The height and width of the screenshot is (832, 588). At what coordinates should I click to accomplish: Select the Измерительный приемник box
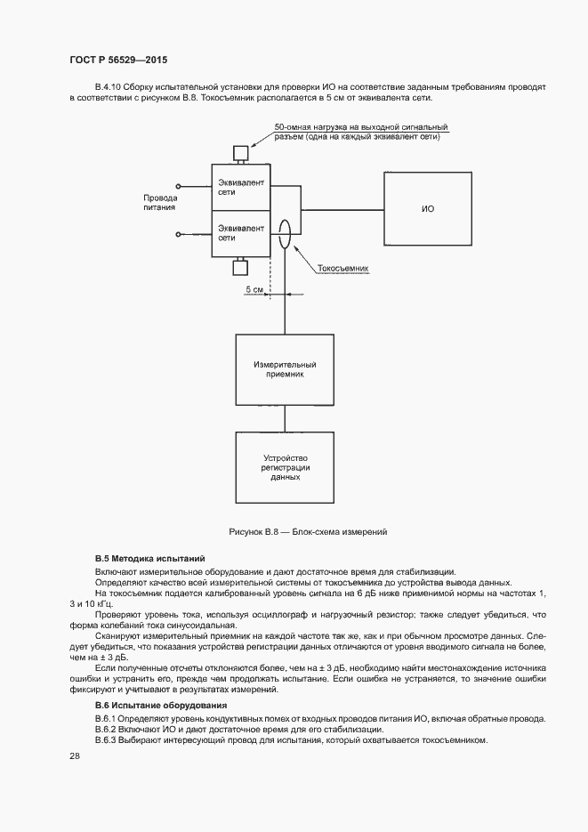tap(284, 370)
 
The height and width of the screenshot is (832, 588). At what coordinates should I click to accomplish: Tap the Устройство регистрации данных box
tap(284, 469)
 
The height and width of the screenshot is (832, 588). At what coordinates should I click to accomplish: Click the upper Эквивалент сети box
tap(239, 187)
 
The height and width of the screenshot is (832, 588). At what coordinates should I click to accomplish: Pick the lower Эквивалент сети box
tap(239, 233)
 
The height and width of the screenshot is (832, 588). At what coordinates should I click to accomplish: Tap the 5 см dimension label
tap(254, 290)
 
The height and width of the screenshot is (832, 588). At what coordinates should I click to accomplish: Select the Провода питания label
tap(160, 202)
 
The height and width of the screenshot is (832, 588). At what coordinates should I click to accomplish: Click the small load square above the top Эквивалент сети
tap(239, 153)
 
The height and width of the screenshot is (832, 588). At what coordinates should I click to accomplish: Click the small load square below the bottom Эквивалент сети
tap(239, 267)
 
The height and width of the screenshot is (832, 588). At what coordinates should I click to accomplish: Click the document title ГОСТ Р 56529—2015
tap(118, 60)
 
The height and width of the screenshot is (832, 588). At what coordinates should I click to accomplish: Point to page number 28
tap(75, 755)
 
